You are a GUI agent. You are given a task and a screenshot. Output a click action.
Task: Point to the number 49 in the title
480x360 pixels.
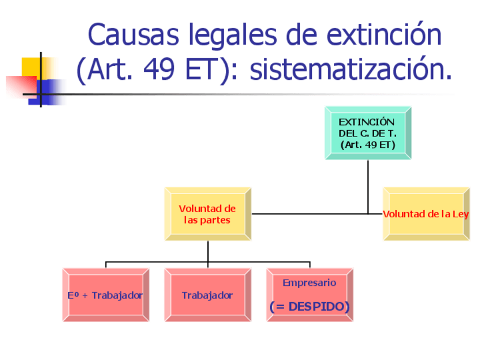[x=161, y=71]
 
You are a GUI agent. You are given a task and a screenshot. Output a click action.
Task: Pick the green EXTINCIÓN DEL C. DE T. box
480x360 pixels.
[x=367, y=133]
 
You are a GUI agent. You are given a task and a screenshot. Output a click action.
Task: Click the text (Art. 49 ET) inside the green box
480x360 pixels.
[x=367, y=145]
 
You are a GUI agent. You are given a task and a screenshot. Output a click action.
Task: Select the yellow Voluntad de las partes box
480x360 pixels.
[x=207, y=215]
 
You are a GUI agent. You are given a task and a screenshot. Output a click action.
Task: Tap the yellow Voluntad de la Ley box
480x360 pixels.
[x=426, y=215]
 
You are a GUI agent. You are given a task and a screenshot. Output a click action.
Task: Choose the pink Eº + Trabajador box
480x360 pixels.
[x=105, y=295]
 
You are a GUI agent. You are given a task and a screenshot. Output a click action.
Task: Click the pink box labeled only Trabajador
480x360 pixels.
[x=207, y=295]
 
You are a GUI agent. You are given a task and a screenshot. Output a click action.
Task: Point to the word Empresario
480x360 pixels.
[x=309, y=282]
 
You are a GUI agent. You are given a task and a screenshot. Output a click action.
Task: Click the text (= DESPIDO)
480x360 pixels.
[x=309, y=306]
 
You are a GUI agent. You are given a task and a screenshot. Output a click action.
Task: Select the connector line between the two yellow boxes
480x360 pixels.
[x=317, y=214]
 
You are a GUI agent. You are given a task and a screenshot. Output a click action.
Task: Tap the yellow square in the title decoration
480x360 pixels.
[x=31, y=67]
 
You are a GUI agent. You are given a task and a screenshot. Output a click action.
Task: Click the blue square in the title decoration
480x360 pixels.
[x=50, y=91]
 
